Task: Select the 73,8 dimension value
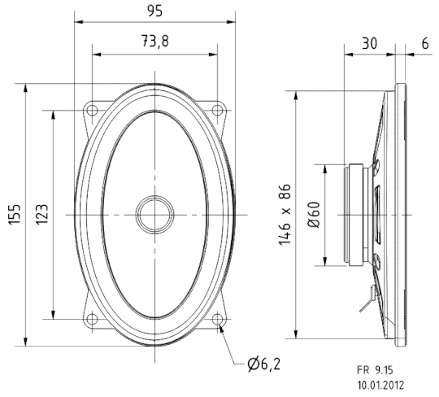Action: tap(154, 42)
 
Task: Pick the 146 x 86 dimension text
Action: tap(285, 213)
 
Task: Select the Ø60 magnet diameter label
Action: tap(313, 213)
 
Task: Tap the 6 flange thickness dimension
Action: tap(424, 42)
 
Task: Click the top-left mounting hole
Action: tap(92, 109)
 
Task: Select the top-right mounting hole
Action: tap(217, 109)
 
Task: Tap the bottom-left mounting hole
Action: tap(92, 319)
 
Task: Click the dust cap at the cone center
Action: tap(154, 214)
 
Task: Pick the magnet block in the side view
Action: tap(358, 214)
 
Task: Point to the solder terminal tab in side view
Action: tap(367, 302)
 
